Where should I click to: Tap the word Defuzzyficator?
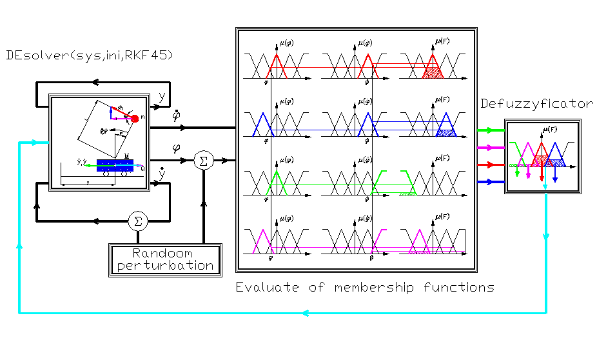point(536,104)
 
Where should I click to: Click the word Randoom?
point(162,253)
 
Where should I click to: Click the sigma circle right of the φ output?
point(203,161)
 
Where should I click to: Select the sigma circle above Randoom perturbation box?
point(137,221)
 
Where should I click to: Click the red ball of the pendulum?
point(135,118)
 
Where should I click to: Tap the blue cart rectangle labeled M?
point(115,163)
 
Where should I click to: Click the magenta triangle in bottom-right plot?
point(420,241)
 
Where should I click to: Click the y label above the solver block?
point(161,97)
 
